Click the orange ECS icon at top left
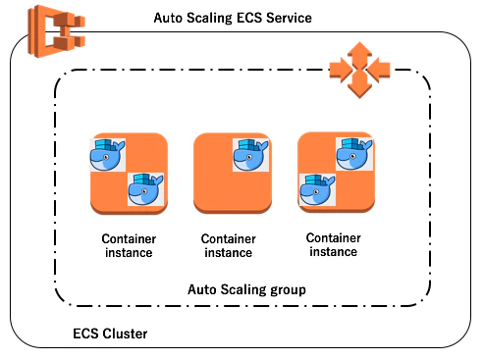point(56,31)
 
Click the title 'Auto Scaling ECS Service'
point(233,18)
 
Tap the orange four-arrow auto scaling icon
point(359,70)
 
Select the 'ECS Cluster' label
point(110,334)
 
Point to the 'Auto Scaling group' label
point(246,289)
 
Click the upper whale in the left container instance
point(108,155)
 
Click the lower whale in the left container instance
point(145,189)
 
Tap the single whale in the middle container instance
point(250,155)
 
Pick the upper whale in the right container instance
point(354,154)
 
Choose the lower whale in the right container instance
point(317,189)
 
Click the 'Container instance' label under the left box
point(129,246)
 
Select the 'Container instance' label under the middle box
point(229,246)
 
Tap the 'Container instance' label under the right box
point(334,245)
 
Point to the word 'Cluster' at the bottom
point(125,334)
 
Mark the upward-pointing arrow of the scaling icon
point(359,54)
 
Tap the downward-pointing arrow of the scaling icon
point(359,85)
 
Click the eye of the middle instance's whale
point(249,158)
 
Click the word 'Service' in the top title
point(289,18)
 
